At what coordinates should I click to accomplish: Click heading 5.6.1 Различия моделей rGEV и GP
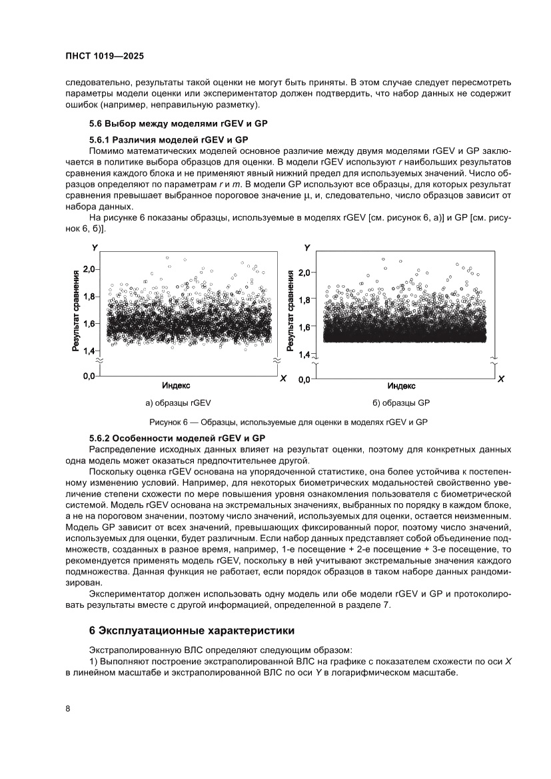(169, 140)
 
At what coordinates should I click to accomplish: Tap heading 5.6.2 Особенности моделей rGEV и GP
(177, 438)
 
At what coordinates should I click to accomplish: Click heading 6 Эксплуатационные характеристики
(191, 630)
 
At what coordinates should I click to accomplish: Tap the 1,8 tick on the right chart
(304, 300)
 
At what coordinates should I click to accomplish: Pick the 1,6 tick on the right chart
(304, 327)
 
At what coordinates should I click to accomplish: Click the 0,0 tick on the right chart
(304, 379)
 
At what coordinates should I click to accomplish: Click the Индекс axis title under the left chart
(177, 386)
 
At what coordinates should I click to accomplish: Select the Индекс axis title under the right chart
(401, 386)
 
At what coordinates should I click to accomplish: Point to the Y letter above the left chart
(95, 248)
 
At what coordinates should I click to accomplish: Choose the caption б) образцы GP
(401, 403)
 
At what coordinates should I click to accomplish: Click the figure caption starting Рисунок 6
(288, 422)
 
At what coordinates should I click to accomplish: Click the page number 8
(68, 708)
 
